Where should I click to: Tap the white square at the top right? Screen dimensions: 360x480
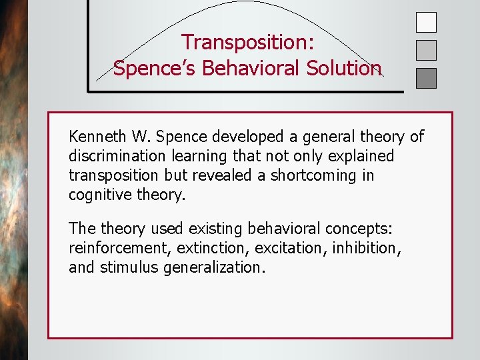426,23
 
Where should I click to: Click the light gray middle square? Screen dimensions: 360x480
426,51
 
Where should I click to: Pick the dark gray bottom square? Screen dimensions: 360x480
426,78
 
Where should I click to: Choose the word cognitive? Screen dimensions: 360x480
97,195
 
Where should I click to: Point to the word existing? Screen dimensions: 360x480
212,229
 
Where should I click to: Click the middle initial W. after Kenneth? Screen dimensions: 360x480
141,137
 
